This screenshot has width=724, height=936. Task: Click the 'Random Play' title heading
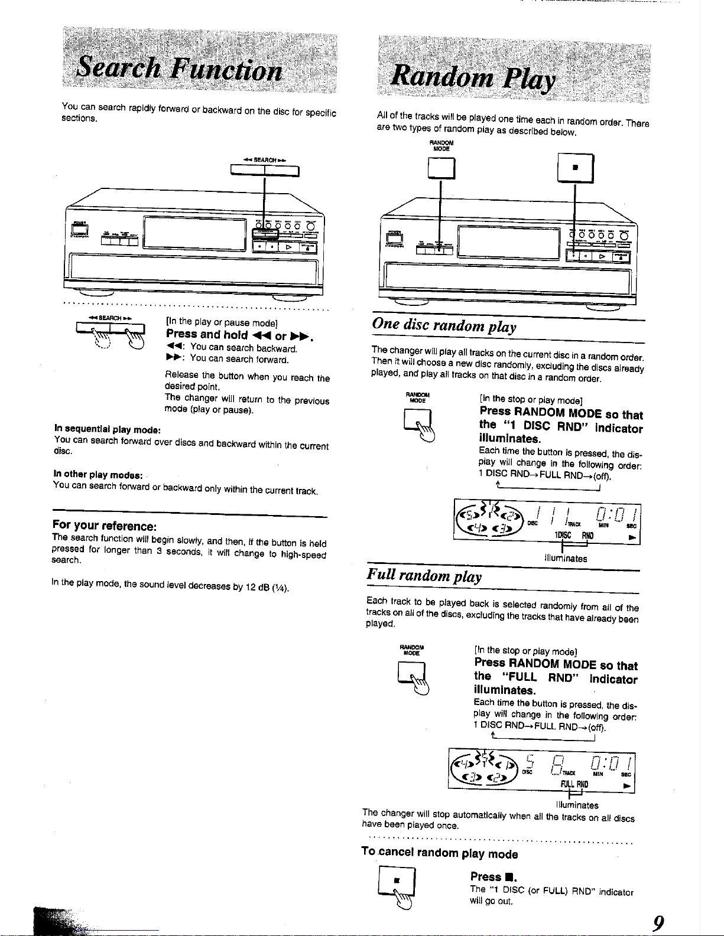coord(473,77)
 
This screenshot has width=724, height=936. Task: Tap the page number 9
coord(658,922)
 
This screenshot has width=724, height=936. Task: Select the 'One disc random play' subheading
coord(444,325)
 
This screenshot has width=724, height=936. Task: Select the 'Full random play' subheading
coord(424,576)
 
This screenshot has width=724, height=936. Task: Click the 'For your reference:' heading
coord(104,526)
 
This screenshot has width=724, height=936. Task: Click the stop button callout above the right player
coord(575,168)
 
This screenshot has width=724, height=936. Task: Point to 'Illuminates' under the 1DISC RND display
coord(566,558)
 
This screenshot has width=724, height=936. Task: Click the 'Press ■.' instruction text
coord(493,877)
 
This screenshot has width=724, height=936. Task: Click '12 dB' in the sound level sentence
coord(258,586)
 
